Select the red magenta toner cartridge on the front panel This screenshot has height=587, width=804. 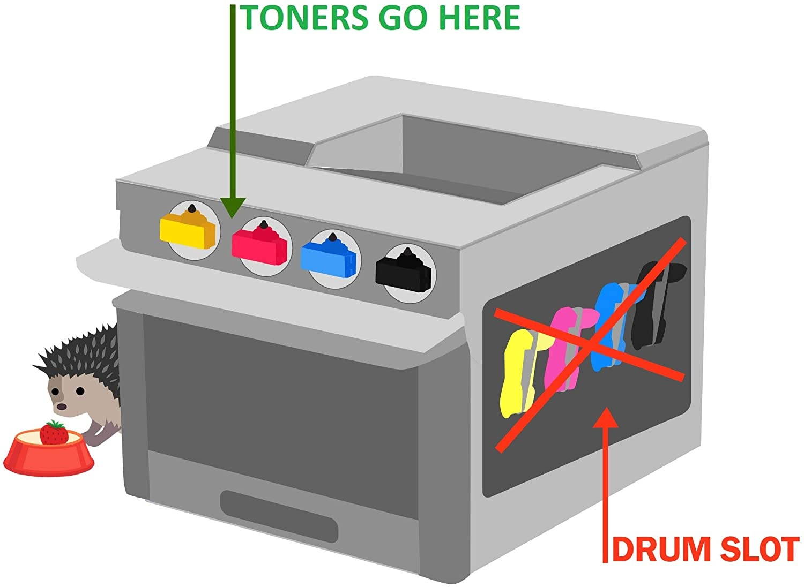point(259,244)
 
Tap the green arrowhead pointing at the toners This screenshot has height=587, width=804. point(233,207)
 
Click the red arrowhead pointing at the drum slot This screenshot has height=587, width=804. point(606,418)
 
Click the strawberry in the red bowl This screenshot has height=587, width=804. point(54,432)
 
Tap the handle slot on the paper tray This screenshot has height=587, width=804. point(279,515)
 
